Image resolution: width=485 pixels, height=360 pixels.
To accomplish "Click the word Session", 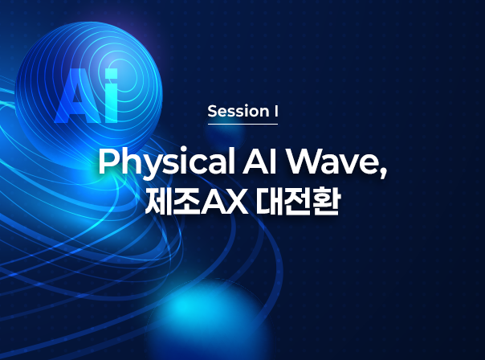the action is click(238, 111).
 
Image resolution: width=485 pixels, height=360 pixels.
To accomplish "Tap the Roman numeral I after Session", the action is click(276, 111).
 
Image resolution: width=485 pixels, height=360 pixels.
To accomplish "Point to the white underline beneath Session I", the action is click(243, 124).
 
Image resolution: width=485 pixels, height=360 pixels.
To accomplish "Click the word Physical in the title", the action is click(166, 163).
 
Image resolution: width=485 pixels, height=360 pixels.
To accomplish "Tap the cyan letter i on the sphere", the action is click(111, 96).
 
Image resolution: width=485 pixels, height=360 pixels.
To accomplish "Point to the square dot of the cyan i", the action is click(111, 73).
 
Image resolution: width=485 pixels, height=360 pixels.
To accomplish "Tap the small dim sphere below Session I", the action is click(225, 133).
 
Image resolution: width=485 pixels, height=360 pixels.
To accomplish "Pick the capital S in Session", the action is click(212, 111).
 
